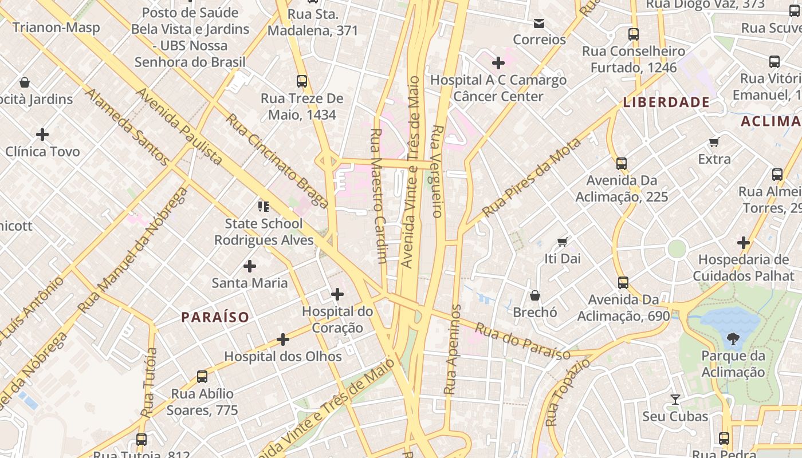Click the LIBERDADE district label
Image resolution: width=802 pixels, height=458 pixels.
[666, 102]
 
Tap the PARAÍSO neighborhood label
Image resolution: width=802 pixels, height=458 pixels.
[215, 317]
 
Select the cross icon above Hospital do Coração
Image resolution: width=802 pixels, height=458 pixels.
[337, 294]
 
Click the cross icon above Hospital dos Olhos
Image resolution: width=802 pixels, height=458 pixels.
[283, 339]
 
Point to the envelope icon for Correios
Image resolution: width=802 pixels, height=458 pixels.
[538, 23]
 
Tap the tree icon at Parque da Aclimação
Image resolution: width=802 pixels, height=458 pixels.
[733, 339]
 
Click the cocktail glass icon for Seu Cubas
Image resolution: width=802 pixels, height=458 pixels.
[675, 399]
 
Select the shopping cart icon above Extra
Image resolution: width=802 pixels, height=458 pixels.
[714, 142]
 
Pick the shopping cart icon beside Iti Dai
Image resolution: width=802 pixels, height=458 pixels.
[563, 242]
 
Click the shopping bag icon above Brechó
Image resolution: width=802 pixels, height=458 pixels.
[534, 295]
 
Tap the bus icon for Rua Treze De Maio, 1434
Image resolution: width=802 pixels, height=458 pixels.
[302, 81]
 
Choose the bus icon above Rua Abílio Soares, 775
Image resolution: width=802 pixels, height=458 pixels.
[202, 377]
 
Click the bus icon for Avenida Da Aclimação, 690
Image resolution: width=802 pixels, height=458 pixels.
[623, 283]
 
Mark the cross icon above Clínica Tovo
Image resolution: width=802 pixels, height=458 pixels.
[42, 135]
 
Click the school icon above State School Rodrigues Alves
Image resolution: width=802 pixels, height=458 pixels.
[264, 206]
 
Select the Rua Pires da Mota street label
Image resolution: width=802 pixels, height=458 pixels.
[531, 177]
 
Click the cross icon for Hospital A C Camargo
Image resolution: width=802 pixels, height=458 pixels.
[498, 62]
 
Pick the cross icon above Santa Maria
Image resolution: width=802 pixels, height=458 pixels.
[250, 266]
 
